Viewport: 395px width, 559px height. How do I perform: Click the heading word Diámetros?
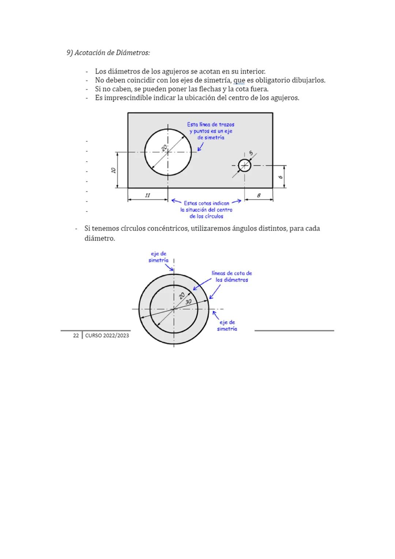tap(133, 53)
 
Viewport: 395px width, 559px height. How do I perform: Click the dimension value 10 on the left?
tap(113, 170)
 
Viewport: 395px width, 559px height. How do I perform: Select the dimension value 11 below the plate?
tap(147, 195)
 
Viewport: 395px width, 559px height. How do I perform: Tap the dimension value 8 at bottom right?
tap(259, 195)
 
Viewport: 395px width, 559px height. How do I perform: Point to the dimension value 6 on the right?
tap(281, 177)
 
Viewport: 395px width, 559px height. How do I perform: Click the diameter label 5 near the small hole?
tap(251, 153)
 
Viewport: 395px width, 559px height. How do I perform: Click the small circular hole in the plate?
tap(245, 165)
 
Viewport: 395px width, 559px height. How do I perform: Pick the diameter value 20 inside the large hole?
tap(164, 147)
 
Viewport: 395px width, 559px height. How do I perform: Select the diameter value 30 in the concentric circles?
tap(188, 302)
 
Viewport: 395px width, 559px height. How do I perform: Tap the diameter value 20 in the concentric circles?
tap(182, 296)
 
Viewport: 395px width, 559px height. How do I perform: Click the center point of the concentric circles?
tap(174, 309)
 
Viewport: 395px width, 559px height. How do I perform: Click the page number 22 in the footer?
tap(76, 336)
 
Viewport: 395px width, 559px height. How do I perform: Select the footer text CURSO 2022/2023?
tap(107, 336)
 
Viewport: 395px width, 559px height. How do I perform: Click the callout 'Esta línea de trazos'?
tap(211, 124)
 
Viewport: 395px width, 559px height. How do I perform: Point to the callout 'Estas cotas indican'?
tap(206, 203)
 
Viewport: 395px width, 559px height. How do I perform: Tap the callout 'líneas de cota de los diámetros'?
tap(232, 276)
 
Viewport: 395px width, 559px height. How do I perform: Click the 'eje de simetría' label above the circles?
tap(158, 257)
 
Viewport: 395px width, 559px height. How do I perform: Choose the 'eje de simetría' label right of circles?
tap(227, 325)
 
